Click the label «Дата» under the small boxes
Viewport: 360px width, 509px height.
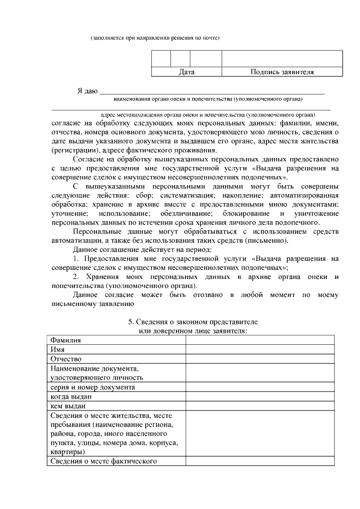pos(187,72)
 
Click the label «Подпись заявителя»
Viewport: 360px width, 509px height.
pos(282,72)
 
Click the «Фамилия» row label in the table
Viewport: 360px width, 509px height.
pos(65,340)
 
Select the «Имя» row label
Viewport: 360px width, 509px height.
pos(57,349)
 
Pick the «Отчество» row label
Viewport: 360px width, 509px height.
pos(66,359)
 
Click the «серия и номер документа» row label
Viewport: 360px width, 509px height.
pos(92,387)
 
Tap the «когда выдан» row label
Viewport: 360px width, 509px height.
pos(70,397)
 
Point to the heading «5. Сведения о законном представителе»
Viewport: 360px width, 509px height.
pos(193,321)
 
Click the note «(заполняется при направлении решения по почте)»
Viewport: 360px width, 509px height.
pos(155,38)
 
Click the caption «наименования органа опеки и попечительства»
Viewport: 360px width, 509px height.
pos(208,98)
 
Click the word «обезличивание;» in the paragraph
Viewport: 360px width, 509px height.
pos(185,214)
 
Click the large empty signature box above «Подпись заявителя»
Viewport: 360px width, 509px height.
pos(282,58)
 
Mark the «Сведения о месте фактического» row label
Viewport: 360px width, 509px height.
pos(103,462)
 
